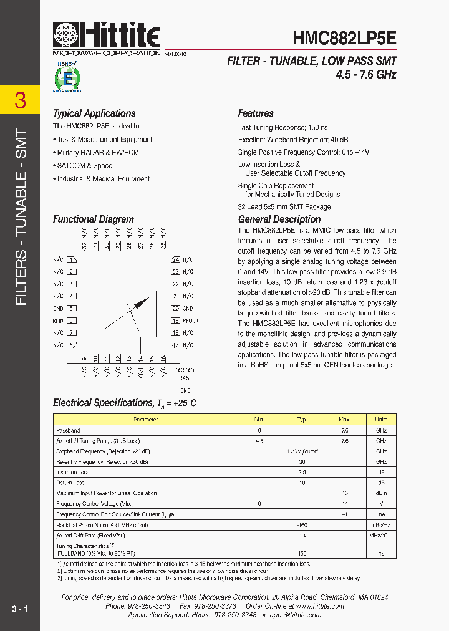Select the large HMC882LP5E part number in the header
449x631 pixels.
pos(344,38)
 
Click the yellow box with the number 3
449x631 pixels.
pos(20,100)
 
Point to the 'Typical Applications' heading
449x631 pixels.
pos(94,113)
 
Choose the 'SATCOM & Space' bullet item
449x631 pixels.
pos(85,166)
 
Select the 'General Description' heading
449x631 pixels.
pos(279,219)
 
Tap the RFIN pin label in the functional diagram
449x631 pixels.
pos(58,320)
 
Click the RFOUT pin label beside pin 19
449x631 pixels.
pos(190,320)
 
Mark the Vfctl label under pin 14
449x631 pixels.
pos(141,372)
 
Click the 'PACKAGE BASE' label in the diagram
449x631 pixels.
pos(185,374)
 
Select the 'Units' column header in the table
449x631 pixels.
pos(381,420)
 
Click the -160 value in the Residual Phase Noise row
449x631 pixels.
pos(302,526)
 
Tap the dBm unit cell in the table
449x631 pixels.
pos(381,493)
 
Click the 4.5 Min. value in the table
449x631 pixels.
pos(259,441)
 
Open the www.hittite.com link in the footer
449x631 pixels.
pos(320,606)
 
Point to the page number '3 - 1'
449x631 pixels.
pos(19,609)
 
